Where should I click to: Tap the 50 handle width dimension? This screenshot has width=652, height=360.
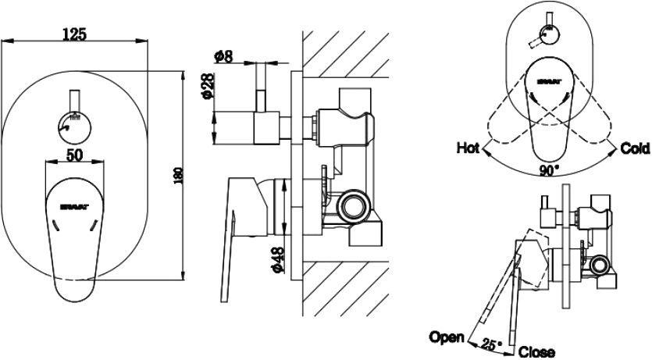coord(74,155)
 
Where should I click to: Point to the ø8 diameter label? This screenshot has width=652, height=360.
coord(223,55)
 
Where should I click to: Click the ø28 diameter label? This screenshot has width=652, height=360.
coord(207,88)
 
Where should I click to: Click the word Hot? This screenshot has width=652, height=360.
coord(468,147)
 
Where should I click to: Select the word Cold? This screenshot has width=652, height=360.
coord(634,148)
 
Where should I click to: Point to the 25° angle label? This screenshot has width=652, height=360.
coord(490,342)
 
